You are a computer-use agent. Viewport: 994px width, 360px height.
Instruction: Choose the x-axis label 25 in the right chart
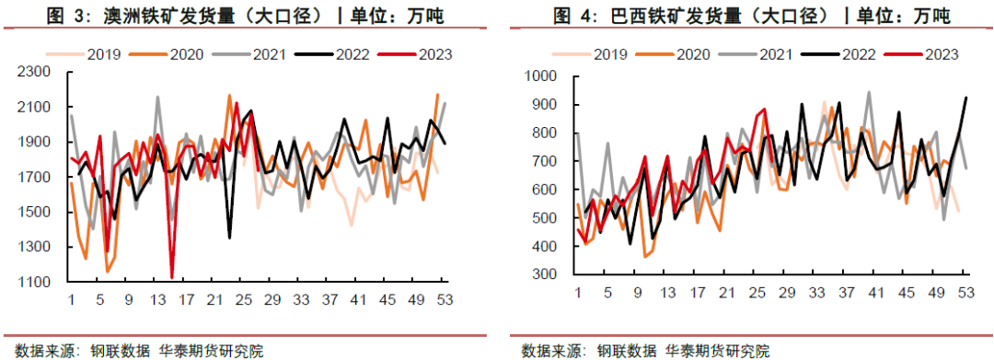point(760,293)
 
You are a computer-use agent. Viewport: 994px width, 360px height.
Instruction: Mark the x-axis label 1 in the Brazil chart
point(577,293)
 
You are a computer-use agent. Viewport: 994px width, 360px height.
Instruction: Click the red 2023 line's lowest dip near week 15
point(172,276)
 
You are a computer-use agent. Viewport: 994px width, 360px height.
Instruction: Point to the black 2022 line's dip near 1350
point(229,238)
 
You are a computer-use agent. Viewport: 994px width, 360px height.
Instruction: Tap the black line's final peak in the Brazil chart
point(965,98)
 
